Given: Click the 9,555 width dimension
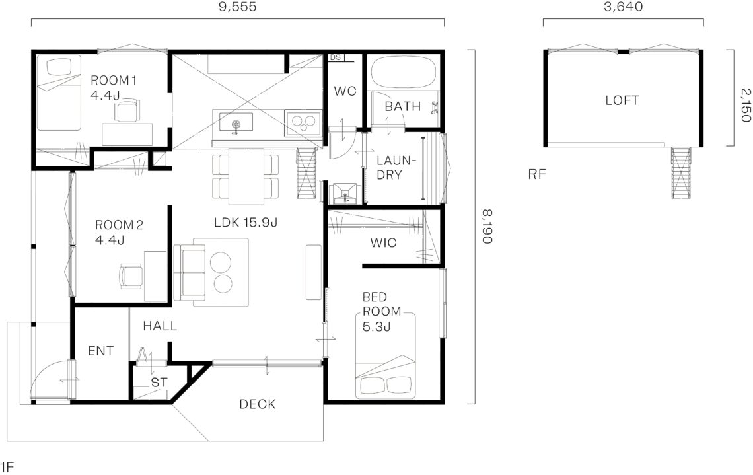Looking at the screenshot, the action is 237,6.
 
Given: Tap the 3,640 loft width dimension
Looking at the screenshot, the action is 624,6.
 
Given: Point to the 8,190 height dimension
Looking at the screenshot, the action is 487,227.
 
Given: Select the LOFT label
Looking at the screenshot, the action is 622,100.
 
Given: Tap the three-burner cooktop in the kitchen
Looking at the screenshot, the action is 303,122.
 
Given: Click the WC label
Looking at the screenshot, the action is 345,91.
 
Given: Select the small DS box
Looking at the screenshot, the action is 336,57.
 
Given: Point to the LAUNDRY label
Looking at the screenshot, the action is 396,168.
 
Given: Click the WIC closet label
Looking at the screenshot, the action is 383,243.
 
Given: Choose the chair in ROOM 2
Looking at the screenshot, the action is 131,276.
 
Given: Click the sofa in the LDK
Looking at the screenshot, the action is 189,272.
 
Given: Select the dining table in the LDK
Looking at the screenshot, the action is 246,177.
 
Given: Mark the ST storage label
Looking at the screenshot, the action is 159,383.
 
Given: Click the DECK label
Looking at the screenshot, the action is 258,404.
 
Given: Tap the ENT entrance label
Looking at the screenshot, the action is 101,351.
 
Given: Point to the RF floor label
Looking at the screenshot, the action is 537,174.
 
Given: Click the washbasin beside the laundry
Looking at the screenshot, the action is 344,193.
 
